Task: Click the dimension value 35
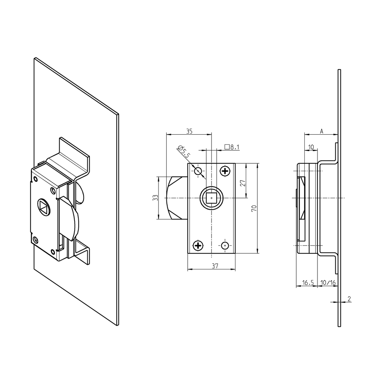pos(189,131)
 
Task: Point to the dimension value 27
pos(243,183)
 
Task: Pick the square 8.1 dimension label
pos(232,147)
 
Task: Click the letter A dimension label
pos(321,131)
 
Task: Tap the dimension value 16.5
pos(307,283)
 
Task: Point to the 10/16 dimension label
pos(328,283)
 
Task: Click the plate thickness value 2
pos(349,299)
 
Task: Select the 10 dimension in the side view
pos(311,147)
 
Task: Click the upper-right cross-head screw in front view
pos(225,171)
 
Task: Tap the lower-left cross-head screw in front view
pos(198,245)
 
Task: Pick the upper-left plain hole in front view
pos(198,171)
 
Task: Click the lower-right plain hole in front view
pos(225,245)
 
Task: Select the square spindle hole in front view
pos(212,197)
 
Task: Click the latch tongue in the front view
pos(177,198)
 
